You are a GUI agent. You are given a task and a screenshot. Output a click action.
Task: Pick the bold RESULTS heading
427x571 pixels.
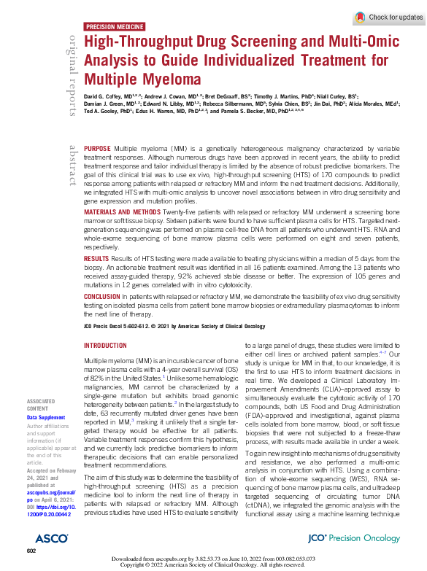[97, 258]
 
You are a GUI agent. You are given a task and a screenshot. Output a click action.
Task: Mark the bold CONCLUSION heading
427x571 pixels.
[103, 296]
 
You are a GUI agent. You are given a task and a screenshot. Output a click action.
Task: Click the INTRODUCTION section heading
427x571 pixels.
[106, 346]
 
